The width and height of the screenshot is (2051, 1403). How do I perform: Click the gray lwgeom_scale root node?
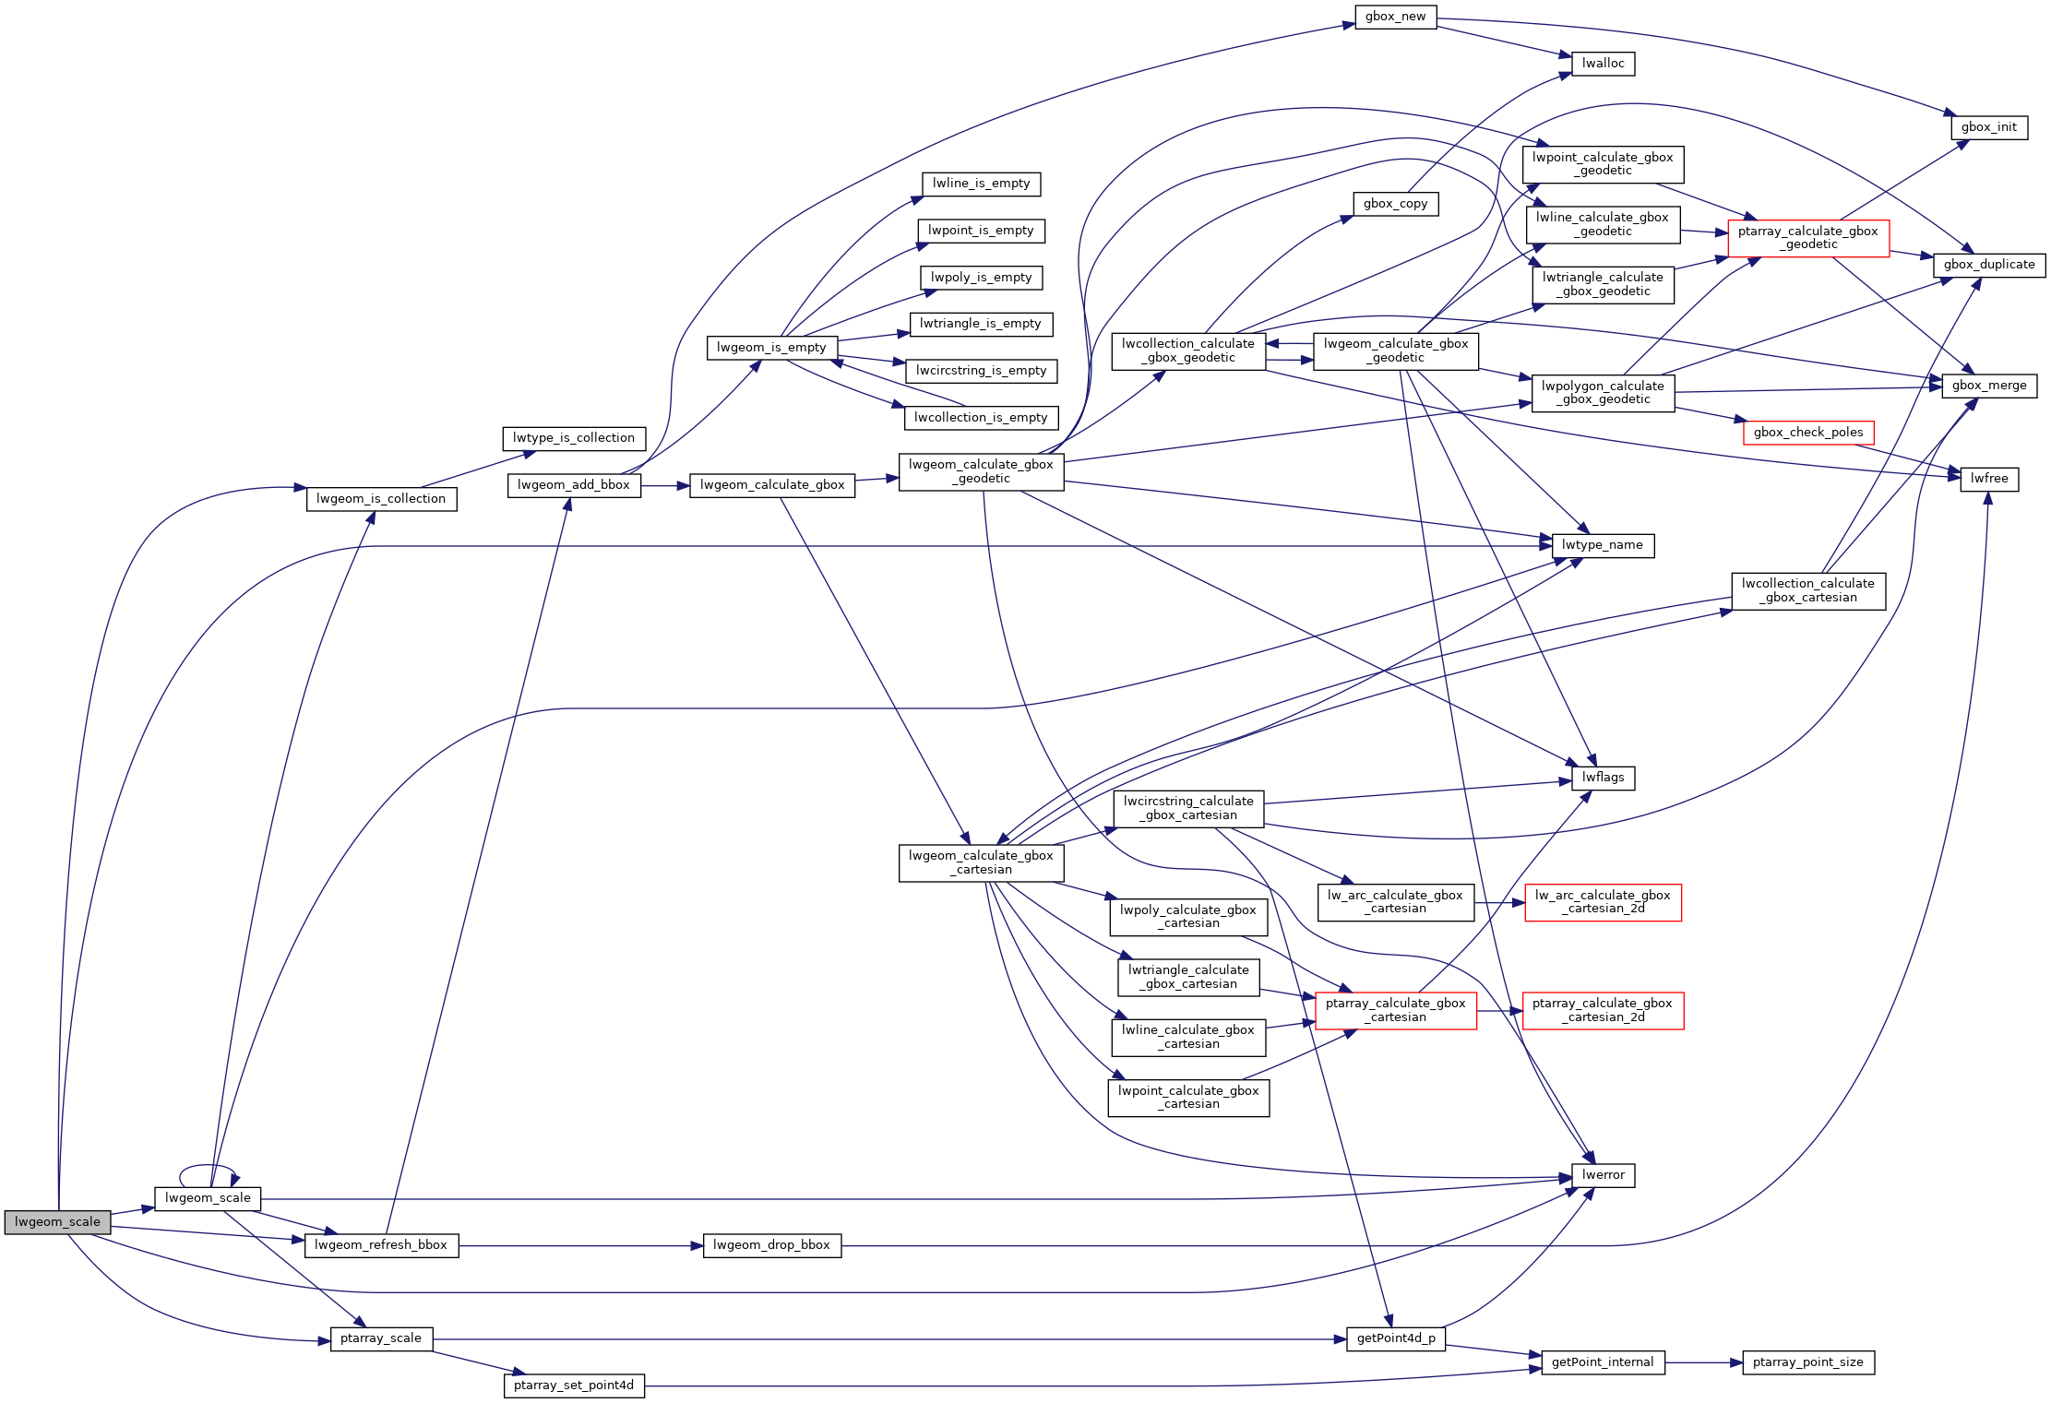point(57,1222)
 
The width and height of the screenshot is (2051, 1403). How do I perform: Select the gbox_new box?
point(1395,17)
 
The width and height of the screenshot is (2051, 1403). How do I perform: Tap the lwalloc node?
point(1603,64)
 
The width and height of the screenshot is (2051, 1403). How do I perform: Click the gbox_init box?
point(1988,127)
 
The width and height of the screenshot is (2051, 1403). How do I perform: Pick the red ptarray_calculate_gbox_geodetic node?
point(1807,238)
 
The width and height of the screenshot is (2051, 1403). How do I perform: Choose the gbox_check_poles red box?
point(1807,433)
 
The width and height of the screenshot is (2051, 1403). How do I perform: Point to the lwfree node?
point(1988,479)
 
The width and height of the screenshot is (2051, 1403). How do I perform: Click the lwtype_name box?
point(1602,545)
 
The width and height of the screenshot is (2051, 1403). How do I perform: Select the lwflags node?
point(1603,778)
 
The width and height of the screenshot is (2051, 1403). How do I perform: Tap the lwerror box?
point(1603,1175)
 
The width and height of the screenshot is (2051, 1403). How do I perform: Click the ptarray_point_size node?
point(1807,1362)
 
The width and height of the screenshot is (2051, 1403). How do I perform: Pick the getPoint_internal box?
point(1602,1362)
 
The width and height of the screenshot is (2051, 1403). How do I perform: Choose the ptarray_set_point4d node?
point(573,1385)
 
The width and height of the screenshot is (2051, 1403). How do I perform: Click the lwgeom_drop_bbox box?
point(771,1245)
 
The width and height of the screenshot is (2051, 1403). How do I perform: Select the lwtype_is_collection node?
point(573,438)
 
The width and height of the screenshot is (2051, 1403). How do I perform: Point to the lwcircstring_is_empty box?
point(981,371)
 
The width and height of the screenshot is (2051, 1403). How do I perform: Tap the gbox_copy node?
point(1395,204)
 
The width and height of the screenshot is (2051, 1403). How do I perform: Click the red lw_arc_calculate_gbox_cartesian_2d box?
point(1602,902)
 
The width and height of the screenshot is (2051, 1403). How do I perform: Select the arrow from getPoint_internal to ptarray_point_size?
point(1703,1362)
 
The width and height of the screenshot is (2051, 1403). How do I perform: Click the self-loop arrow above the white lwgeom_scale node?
point(207,1166)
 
